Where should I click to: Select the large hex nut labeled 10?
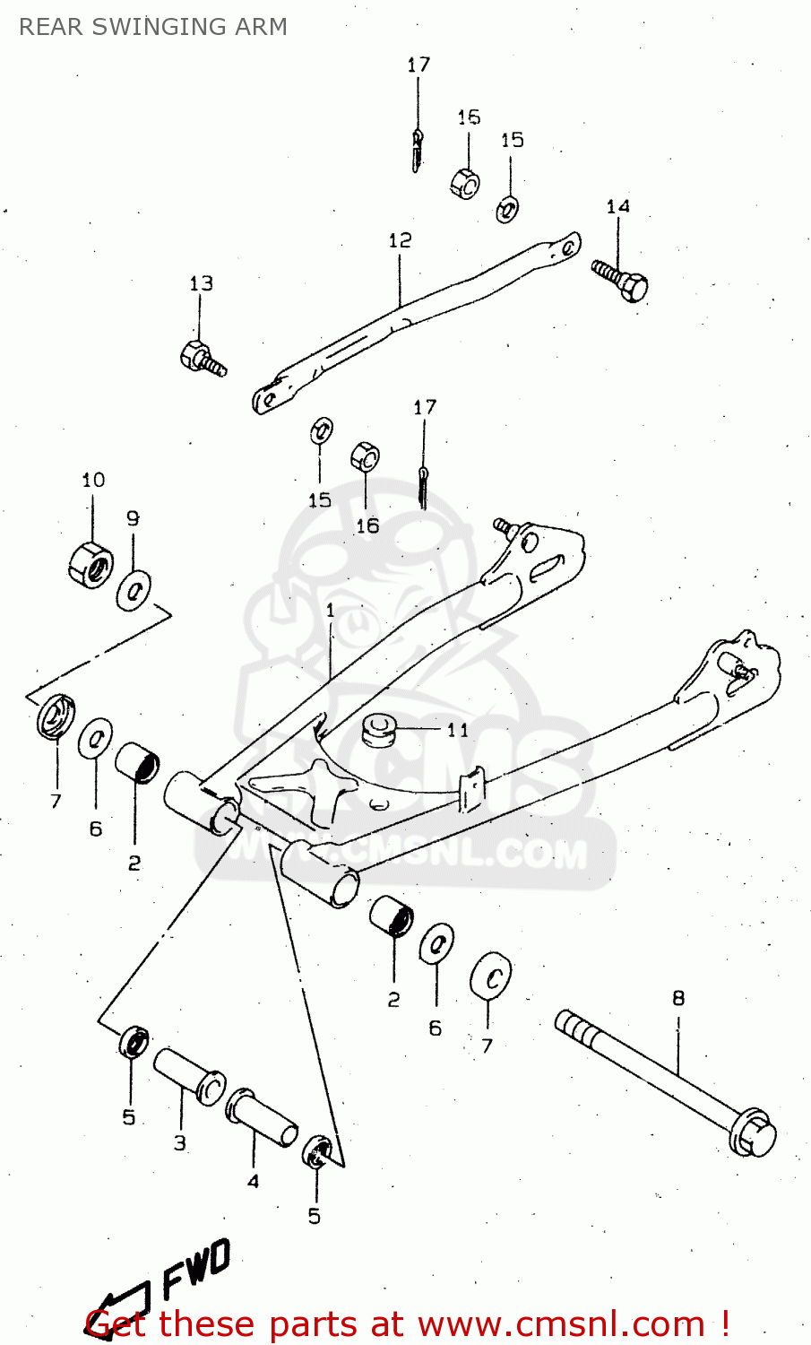(x=90, y=564)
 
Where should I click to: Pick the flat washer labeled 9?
(x=134, y=590)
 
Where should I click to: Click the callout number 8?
(x=678, y=997)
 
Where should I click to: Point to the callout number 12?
(x=400, y=240)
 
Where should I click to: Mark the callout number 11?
(x=458, y=730)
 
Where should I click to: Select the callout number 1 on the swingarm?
(x=330, y=611)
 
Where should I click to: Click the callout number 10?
(x=93, y=480)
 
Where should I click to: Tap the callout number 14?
(x=617, y=206)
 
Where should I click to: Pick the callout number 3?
(x=180, y=1142)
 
